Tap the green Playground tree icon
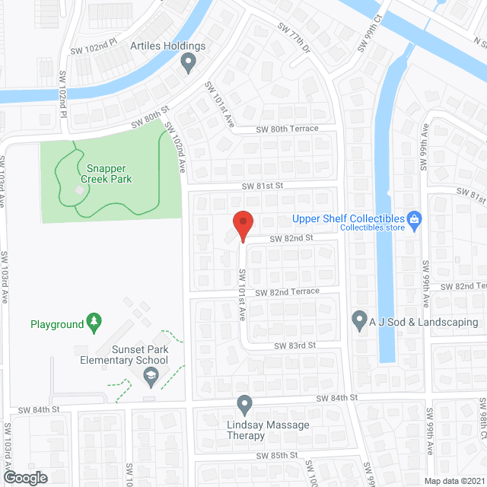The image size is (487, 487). click(94, 323)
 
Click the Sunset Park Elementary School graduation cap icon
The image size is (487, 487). click(151, 374)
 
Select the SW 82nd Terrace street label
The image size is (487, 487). click(286, 292)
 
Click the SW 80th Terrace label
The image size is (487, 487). click(287, 129)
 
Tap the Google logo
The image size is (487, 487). click(24, 478)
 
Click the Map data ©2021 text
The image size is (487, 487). click(454, 480)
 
